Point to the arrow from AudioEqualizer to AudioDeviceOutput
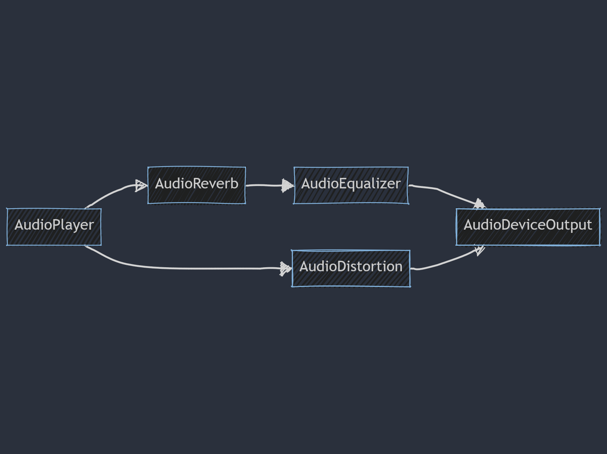[x=441, y=190]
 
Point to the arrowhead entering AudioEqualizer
[x=288, y=186]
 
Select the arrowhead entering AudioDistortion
[x=286, y=268]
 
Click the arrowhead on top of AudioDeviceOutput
[x=479, y=204]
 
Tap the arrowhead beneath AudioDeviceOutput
[x=480, y=249]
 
